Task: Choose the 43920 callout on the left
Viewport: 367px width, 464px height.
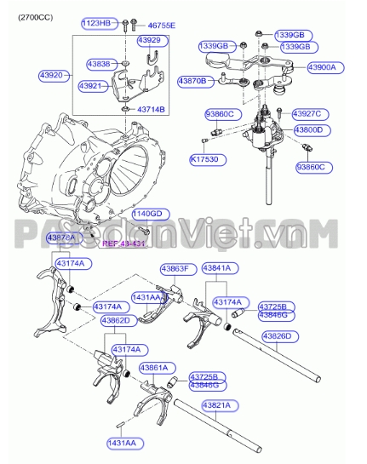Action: pyautogui.click(x=53, y=75)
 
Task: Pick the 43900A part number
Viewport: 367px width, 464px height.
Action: pyautogui.click(x=323, y=66)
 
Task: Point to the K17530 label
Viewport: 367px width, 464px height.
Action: pyautogui.click(x=206, y=158)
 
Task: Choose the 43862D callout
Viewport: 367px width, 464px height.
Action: pyautogui.click(x=118, y=320)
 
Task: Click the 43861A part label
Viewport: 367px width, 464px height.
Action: pyautogui.click(x=158, y=368)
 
